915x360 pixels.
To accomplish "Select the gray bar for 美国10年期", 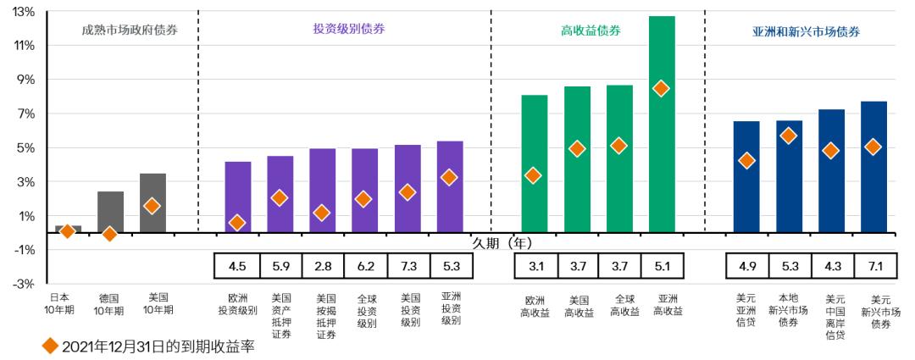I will coord(152,203).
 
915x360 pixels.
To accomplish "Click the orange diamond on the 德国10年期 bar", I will coord(110,233).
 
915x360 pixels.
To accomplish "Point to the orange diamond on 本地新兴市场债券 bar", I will coord(789,136).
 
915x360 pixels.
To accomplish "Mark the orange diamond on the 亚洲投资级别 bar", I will coord(450,177).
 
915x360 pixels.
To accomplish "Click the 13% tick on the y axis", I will coord(24,11).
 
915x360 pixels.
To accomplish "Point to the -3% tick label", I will coord(24,284).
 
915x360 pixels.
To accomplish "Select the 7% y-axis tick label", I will coord(24,114).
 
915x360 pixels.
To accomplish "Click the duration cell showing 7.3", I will coord(408,266).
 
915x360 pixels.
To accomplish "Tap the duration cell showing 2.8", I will coord(323,266).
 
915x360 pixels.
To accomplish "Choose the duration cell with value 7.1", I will coord(873,266).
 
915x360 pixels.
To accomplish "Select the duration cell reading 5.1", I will coord(662,266).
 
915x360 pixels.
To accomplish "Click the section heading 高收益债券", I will coord(591,30).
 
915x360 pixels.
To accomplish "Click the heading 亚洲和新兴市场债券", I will coord(806,31).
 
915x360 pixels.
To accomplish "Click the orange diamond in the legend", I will coord(50,346).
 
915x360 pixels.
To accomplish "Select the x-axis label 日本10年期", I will coord(60,304).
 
